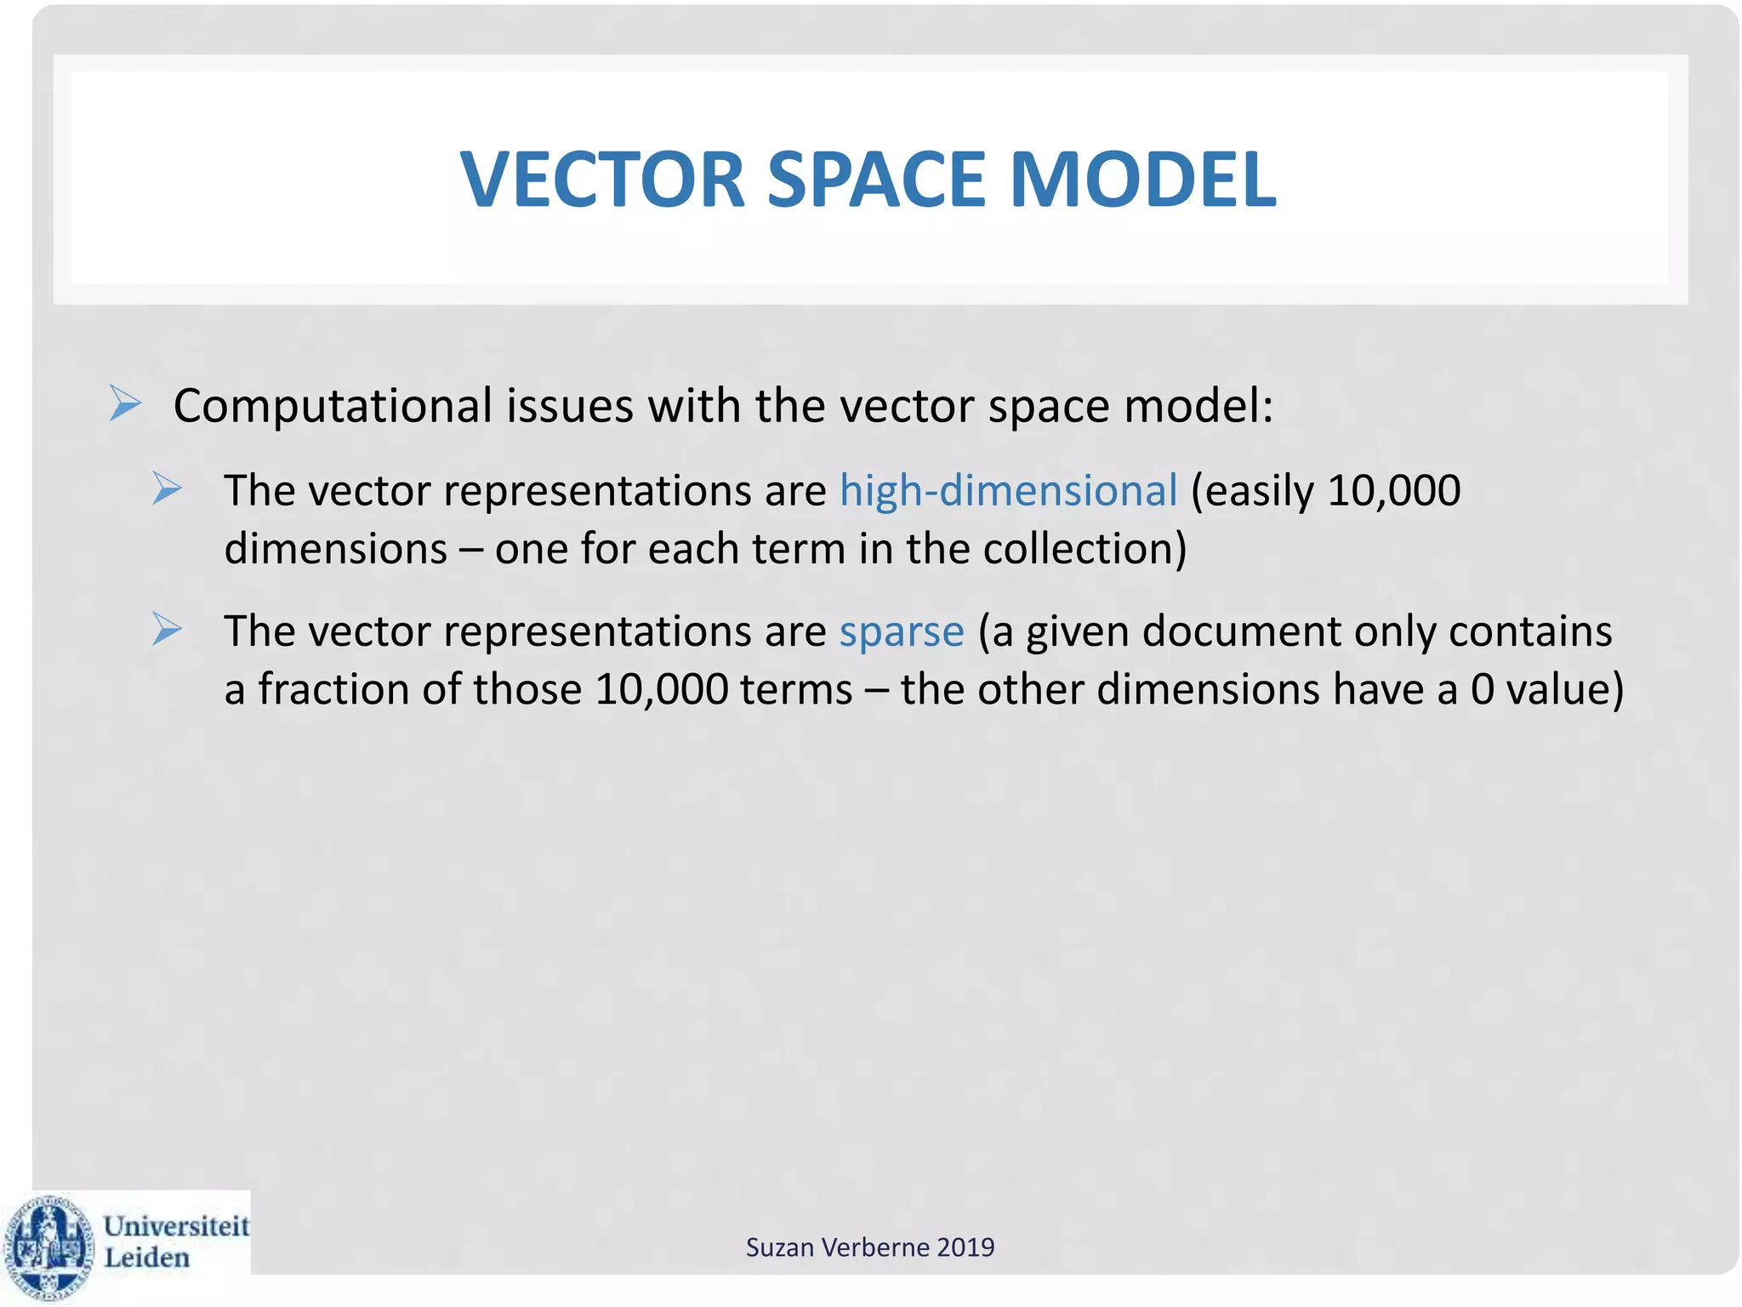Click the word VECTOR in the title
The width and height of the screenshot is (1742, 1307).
pos(602,180)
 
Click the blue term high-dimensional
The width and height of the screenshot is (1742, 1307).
pos(1008,491)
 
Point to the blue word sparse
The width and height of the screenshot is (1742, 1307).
pos(902,631)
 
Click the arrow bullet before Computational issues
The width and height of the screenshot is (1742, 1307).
pos(125,403)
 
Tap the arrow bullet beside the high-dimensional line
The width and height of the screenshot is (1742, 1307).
pos(167,489)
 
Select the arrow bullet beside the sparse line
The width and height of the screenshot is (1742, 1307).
pos(167,630)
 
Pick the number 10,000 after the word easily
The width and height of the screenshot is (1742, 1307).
pos(1393,491)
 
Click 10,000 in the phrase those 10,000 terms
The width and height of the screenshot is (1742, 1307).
pos(661,689)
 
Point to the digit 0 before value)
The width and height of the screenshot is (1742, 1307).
pos(1482,689)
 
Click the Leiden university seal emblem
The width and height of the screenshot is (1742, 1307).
pos(48,1246)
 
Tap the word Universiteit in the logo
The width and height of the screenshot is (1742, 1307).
pos(176,1226)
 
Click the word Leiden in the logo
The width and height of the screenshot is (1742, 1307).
pos(146,1258)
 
